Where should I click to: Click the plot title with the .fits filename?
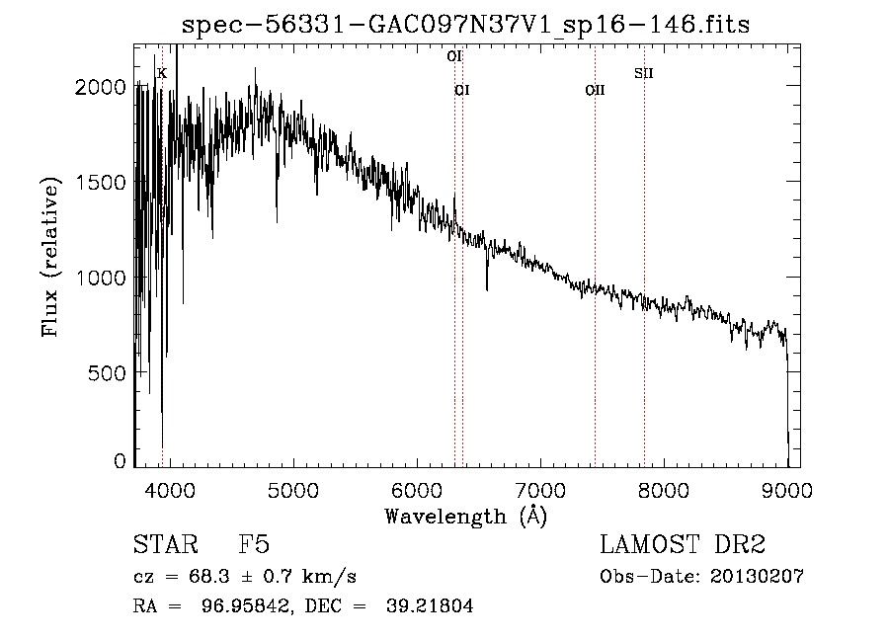465,25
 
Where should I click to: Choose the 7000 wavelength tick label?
540,489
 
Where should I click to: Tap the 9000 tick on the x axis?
787,489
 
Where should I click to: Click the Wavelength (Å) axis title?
465,516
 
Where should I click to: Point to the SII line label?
644,73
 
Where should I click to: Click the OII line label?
595,91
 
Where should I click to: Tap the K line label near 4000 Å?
162,73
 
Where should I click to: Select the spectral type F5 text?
254,545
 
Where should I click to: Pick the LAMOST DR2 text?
683,545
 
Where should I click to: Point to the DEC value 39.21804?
429,606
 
